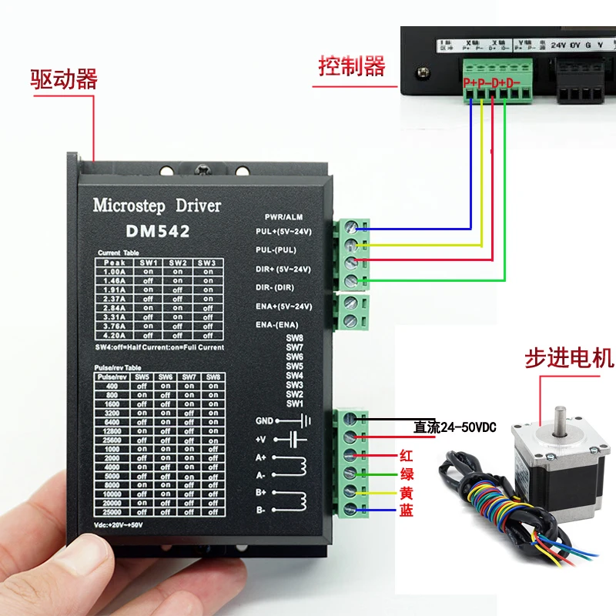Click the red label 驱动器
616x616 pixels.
point(64,79)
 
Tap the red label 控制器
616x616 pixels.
point(352,67)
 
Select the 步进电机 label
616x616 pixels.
point(569,357)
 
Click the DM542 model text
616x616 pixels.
point(157,230)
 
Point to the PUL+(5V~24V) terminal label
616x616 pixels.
point(283,230)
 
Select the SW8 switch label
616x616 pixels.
point(295,338)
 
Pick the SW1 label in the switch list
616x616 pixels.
point(295,403)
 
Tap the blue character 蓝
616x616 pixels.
point(407,510)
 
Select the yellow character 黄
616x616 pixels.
point(407,491)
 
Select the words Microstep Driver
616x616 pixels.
point(156,206)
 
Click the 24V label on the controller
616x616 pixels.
point(558,44)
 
